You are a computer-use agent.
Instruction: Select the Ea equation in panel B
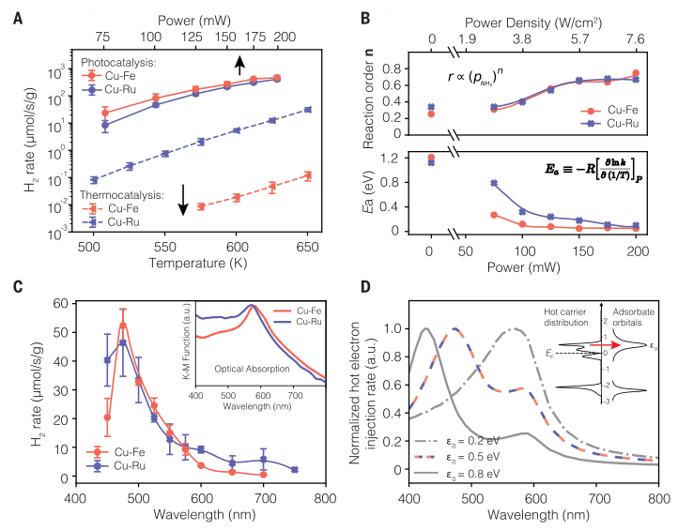[565, 171]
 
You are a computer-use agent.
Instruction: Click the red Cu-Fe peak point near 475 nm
[123, 326]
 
